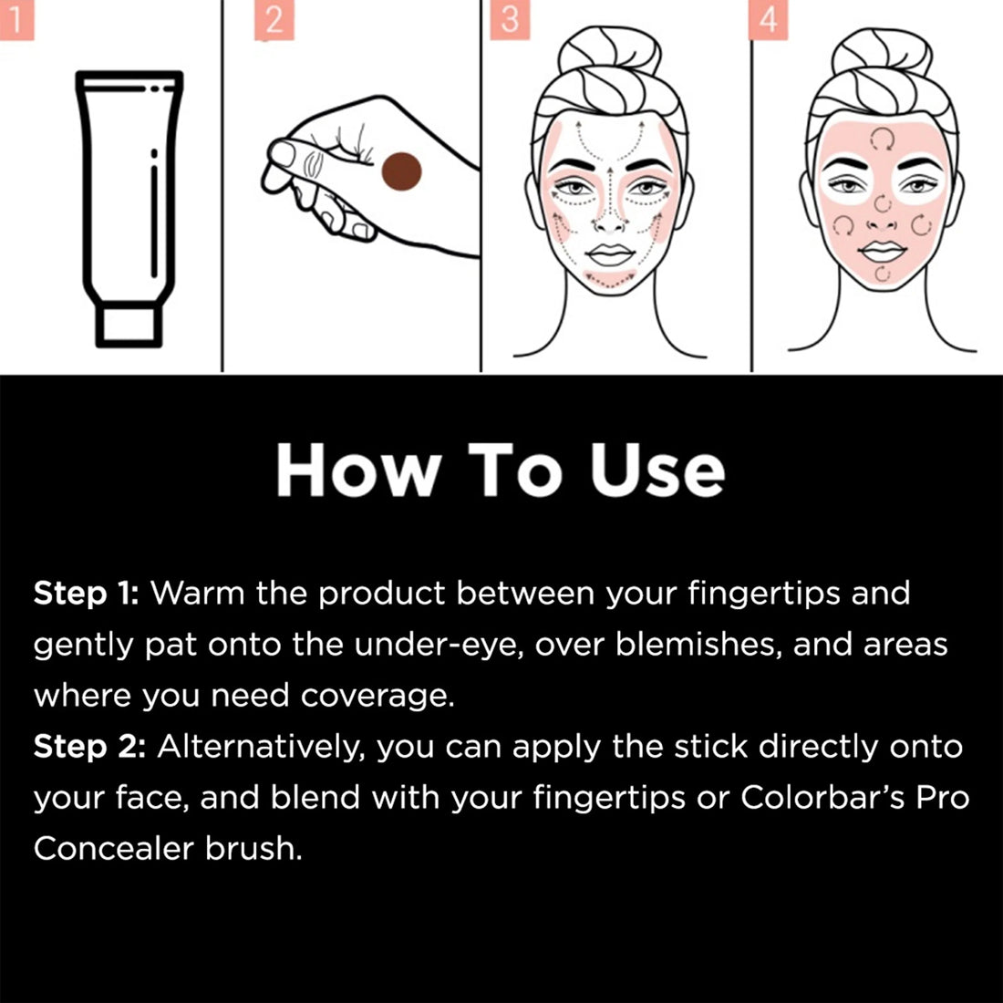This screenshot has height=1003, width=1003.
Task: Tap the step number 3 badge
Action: pos(509,20)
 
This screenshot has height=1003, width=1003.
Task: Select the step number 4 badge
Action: pos(767,20)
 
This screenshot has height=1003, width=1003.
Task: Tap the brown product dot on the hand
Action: pos(401,172)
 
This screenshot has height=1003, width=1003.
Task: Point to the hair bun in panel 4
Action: pos(880,57)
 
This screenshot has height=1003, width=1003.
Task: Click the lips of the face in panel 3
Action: pos(609,253)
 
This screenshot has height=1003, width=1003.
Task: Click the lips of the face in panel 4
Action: pos(882,249)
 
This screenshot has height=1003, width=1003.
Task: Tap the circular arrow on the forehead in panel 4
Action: pos(882,139)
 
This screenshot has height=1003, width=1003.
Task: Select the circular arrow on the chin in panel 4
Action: pos(882,274)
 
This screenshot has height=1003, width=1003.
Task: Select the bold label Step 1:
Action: pos(85,594)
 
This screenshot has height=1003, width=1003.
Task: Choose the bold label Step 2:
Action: pos(88,747)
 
